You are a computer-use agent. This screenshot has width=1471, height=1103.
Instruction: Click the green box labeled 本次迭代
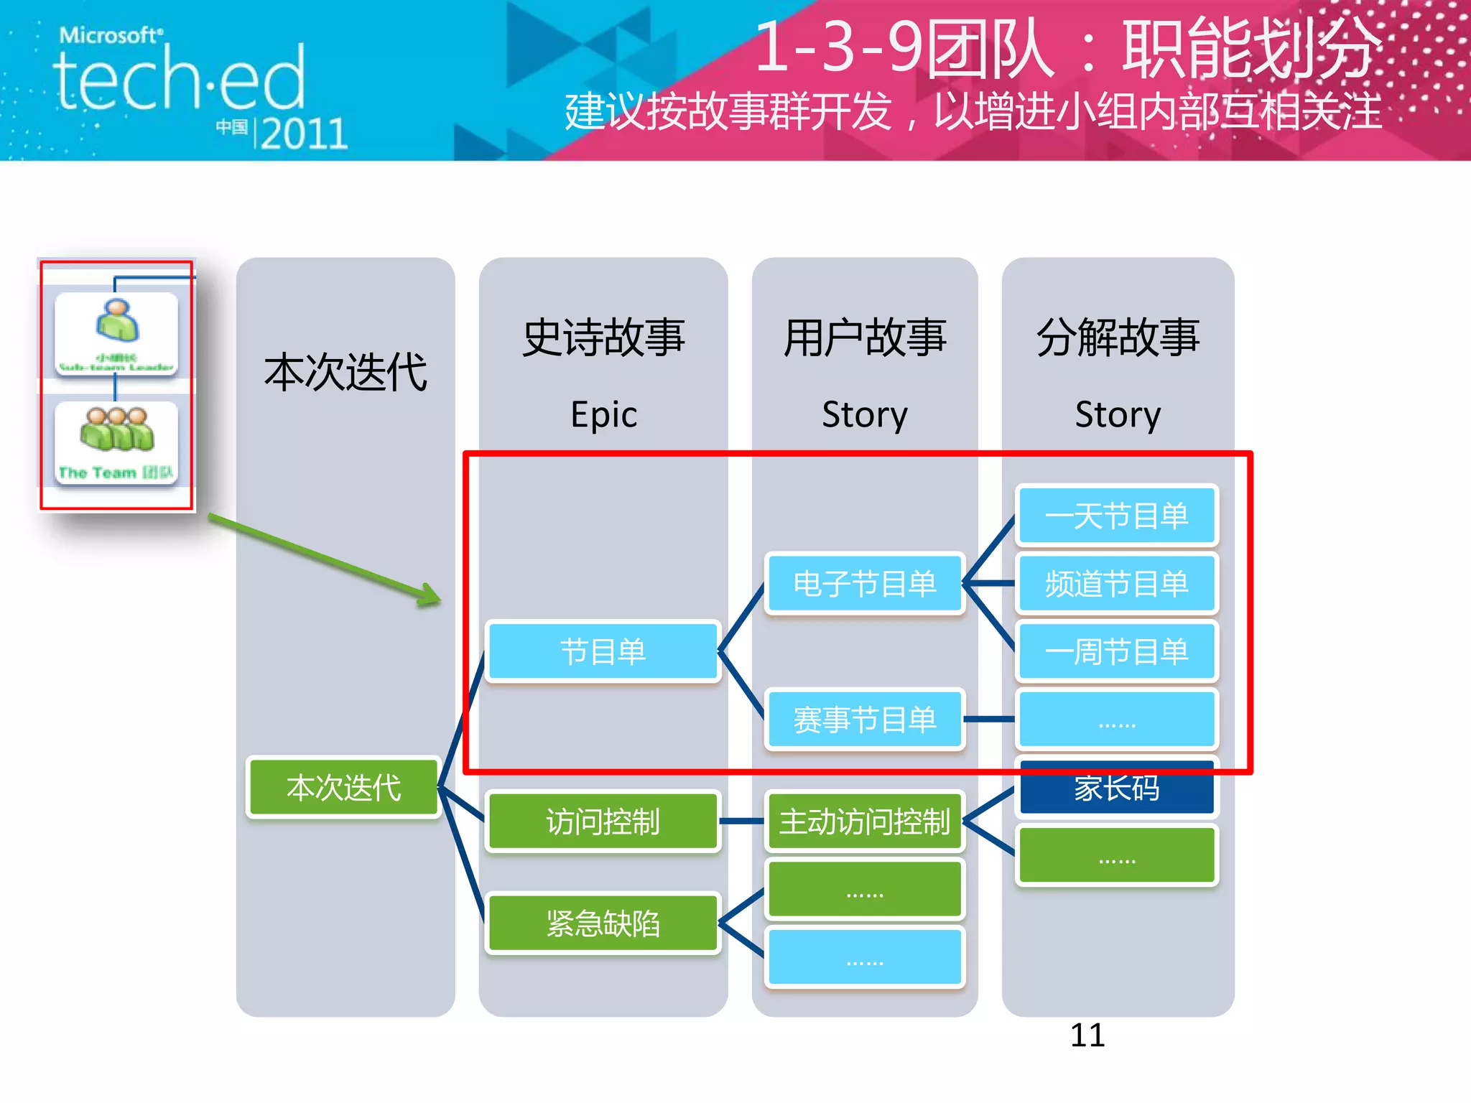click(x=343, y=788)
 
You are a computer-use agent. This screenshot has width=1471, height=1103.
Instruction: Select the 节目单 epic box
click(x=603, y=652)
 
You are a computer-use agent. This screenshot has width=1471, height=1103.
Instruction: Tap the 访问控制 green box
click(x=603, y=822)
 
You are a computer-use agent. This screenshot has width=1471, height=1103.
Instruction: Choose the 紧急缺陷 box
click(x=603, y=923)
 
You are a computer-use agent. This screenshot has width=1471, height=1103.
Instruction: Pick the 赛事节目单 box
click(x=864, y=720)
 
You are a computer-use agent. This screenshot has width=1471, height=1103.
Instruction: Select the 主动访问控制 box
click(x=864, y=822)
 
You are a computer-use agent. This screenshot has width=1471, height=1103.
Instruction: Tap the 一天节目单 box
click(x=1116, y=516)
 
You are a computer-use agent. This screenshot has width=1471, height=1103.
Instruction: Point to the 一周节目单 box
click(x=1116, y=652)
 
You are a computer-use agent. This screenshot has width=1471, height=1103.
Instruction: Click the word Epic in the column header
click(x=603, y=415)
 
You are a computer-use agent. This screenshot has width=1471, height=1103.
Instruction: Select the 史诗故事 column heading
click(x=603, y=338)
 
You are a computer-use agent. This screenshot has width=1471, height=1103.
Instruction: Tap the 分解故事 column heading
click(x=1118, y=338)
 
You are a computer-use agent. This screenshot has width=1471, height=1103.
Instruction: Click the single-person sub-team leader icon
click(x=117, y=321)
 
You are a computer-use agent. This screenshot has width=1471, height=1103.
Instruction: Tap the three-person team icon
click(x=117, y=429)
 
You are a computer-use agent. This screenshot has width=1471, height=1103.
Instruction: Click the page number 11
click(x=1087, y=1035)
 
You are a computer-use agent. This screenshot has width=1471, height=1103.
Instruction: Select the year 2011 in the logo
click(x=304, y=134)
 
